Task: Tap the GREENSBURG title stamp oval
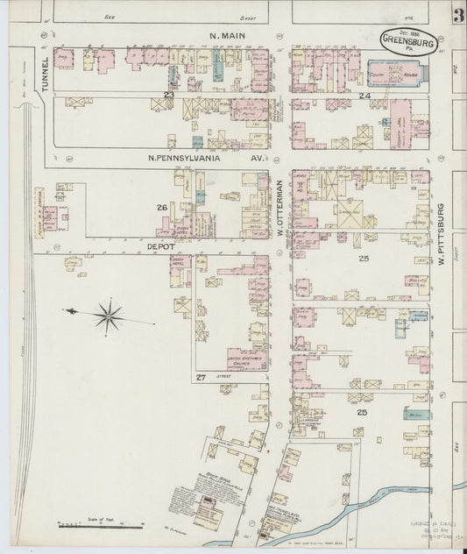tap(407, 41)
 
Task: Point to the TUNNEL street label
tap(45, 75)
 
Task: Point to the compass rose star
tap(109, 316)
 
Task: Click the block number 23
tap(169, 94)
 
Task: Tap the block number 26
tap(161, 208)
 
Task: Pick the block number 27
tap(201, 377)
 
